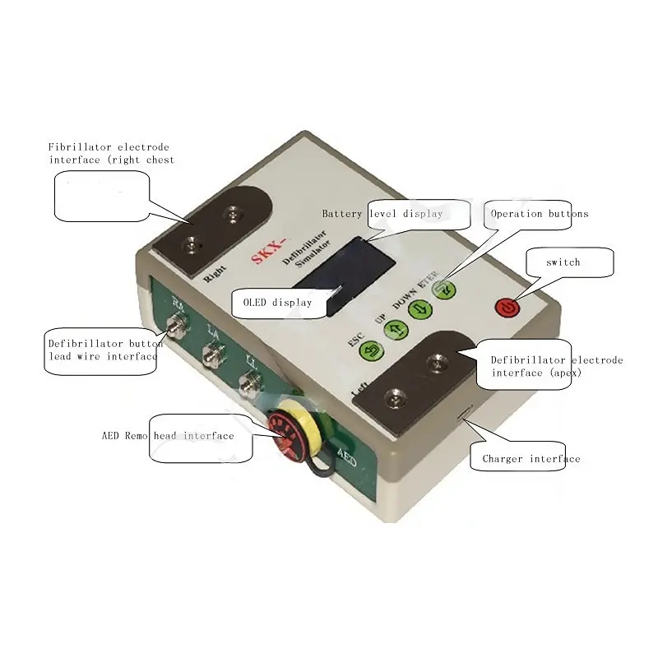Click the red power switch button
(507, 308)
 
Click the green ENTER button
(445, 289)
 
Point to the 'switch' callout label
(563, 262)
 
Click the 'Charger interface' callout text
(531, 459)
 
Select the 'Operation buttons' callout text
(540, 214)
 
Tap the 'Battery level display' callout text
(382, 214)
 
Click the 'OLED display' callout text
(277, 303)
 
